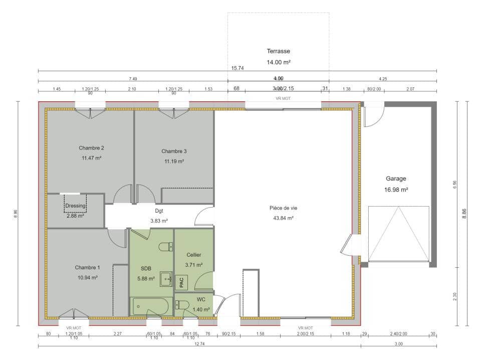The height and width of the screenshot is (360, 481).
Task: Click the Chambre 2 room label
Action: (x=91, y=148)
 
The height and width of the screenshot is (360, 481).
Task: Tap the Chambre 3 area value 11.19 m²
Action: (x=174, y=161)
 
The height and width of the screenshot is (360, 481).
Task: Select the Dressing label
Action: (x=75, y=206)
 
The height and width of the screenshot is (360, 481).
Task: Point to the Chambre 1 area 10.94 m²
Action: (x=87, y=277)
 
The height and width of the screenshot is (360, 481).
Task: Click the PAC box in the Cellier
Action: (x=181, y=282)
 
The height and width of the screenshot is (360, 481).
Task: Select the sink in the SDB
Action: (x=166, y=279)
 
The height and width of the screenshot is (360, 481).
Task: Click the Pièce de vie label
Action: (x=283, y=208)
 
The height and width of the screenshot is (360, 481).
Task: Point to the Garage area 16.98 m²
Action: (x=396, y=190)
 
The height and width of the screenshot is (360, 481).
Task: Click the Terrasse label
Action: (x=278, y=51)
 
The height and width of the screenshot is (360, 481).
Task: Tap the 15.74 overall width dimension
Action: (x=237, y=68)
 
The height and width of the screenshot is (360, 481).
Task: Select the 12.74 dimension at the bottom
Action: (x=199, y=344)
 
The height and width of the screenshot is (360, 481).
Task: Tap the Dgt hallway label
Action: (x=159, y=211)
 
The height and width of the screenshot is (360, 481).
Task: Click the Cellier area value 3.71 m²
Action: (x=193, y=265)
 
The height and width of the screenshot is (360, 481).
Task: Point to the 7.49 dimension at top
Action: (x=133, y=79)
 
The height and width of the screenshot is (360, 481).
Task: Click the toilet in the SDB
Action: (x=166, y=247)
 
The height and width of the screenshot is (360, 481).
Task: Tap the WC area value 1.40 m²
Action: (x=200, y=310)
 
